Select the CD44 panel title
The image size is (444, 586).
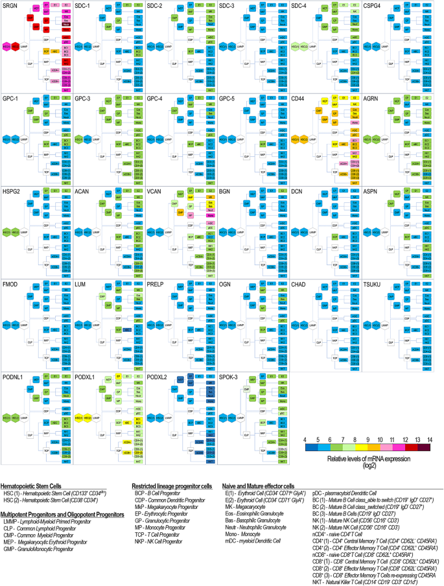298,98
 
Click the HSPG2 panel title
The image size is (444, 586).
11,191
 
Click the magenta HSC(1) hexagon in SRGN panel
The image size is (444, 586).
6,47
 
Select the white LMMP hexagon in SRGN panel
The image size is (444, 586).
25,47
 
